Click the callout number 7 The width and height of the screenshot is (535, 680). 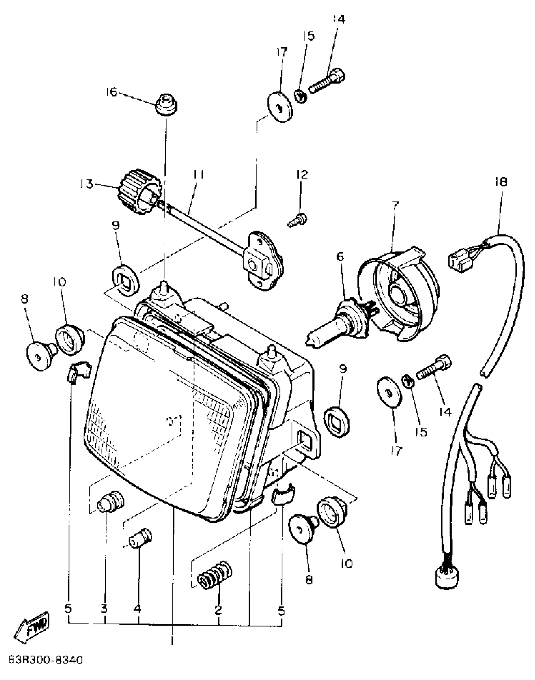coord(395,206)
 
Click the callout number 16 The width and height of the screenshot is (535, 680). coord(111,92)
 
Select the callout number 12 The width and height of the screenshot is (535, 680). coord(302,174)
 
